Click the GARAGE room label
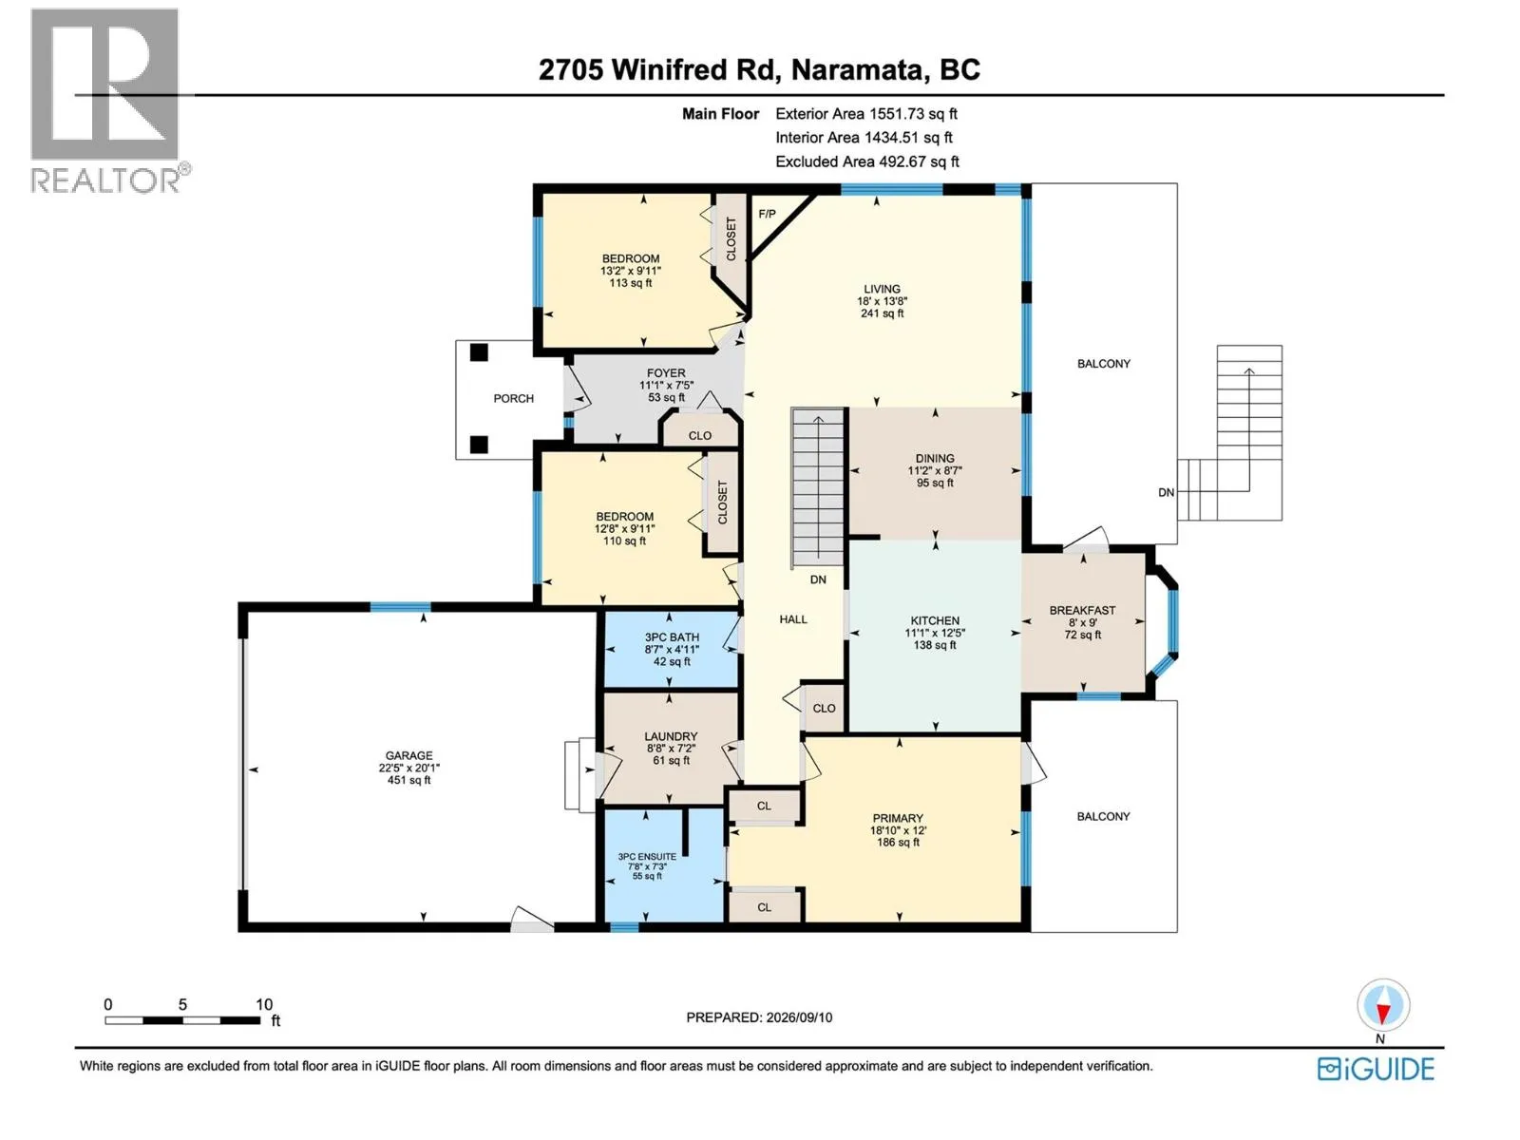click(408, 756)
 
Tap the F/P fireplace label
click(767, 214)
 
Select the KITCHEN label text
click(934, 621)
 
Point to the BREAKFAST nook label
click(1082, 611)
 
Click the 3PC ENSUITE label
click(647, 857)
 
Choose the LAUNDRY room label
click(671, 736)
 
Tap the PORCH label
click(513, 399)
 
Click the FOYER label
click(666, 373)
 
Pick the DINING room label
click(935, 458)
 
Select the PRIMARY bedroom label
click(898, 818)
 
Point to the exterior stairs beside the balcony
click(1230, 433)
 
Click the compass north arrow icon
click(1382, 1005)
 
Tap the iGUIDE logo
click(1376, 1070)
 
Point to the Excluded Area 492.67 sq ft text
click(867, 161)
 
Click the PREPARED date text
click(759, 1017)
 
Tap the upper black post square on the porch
click(479, 352)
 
